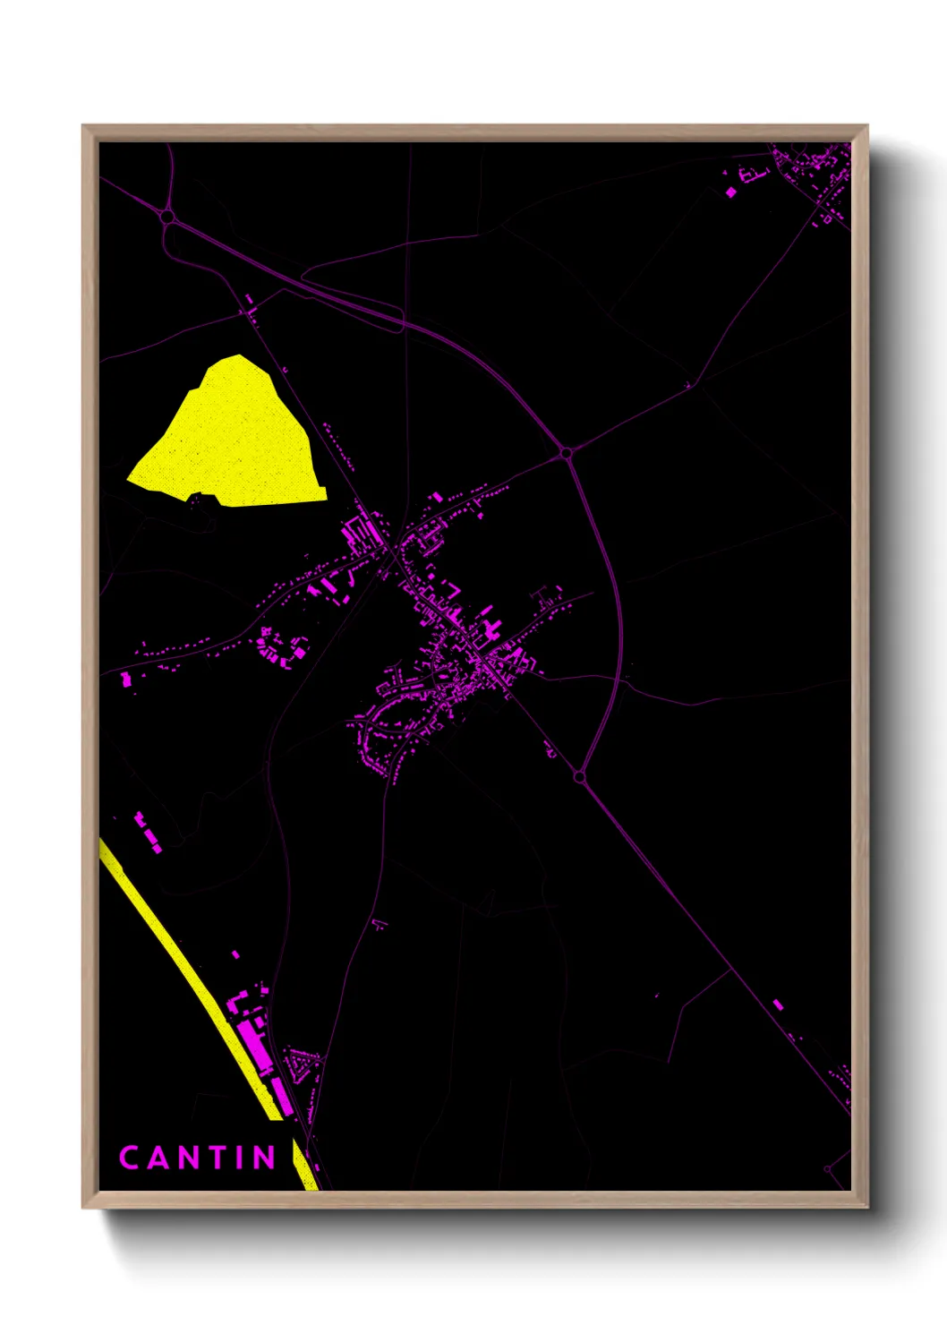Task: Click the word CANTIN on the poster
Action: click(x=198, y=1158)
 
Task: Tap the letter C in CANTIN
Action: click(x=129, y=1158)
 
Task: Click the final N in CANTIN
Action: click(x=264, y=1158)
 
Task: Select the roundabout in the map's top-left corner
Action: click(x=166, y=216)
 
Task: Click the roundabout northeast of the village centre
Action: click(x=566, y=454)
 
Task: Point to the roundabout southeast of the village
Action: click(x=579, y=776)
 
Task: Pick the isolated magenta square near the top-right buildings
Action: click(x=731, y=192)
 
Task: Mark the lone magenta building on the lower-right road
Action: click(x=778, y=1005)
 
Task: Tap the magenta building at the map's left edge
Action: click(x=126, y=680)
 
